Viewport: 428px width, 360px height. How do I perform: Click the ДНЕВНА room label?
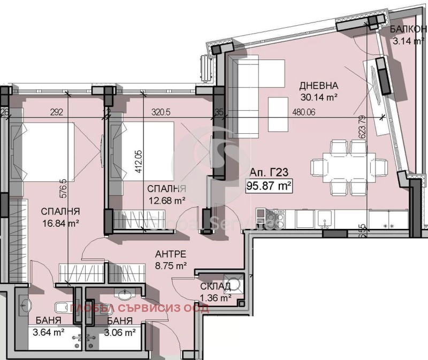(x=318, y=86)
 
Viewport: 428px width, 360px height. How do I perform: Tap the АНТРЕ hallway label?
(x=171, y=254)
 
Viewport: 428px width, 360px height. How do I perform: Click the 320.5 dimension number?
(x=160, y=113)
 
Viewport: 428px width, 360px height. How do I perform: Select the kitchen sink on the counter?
(x=325, y=218)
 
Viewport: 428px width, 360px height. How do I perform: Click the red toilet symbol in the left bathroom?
(x=60, y=307)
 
